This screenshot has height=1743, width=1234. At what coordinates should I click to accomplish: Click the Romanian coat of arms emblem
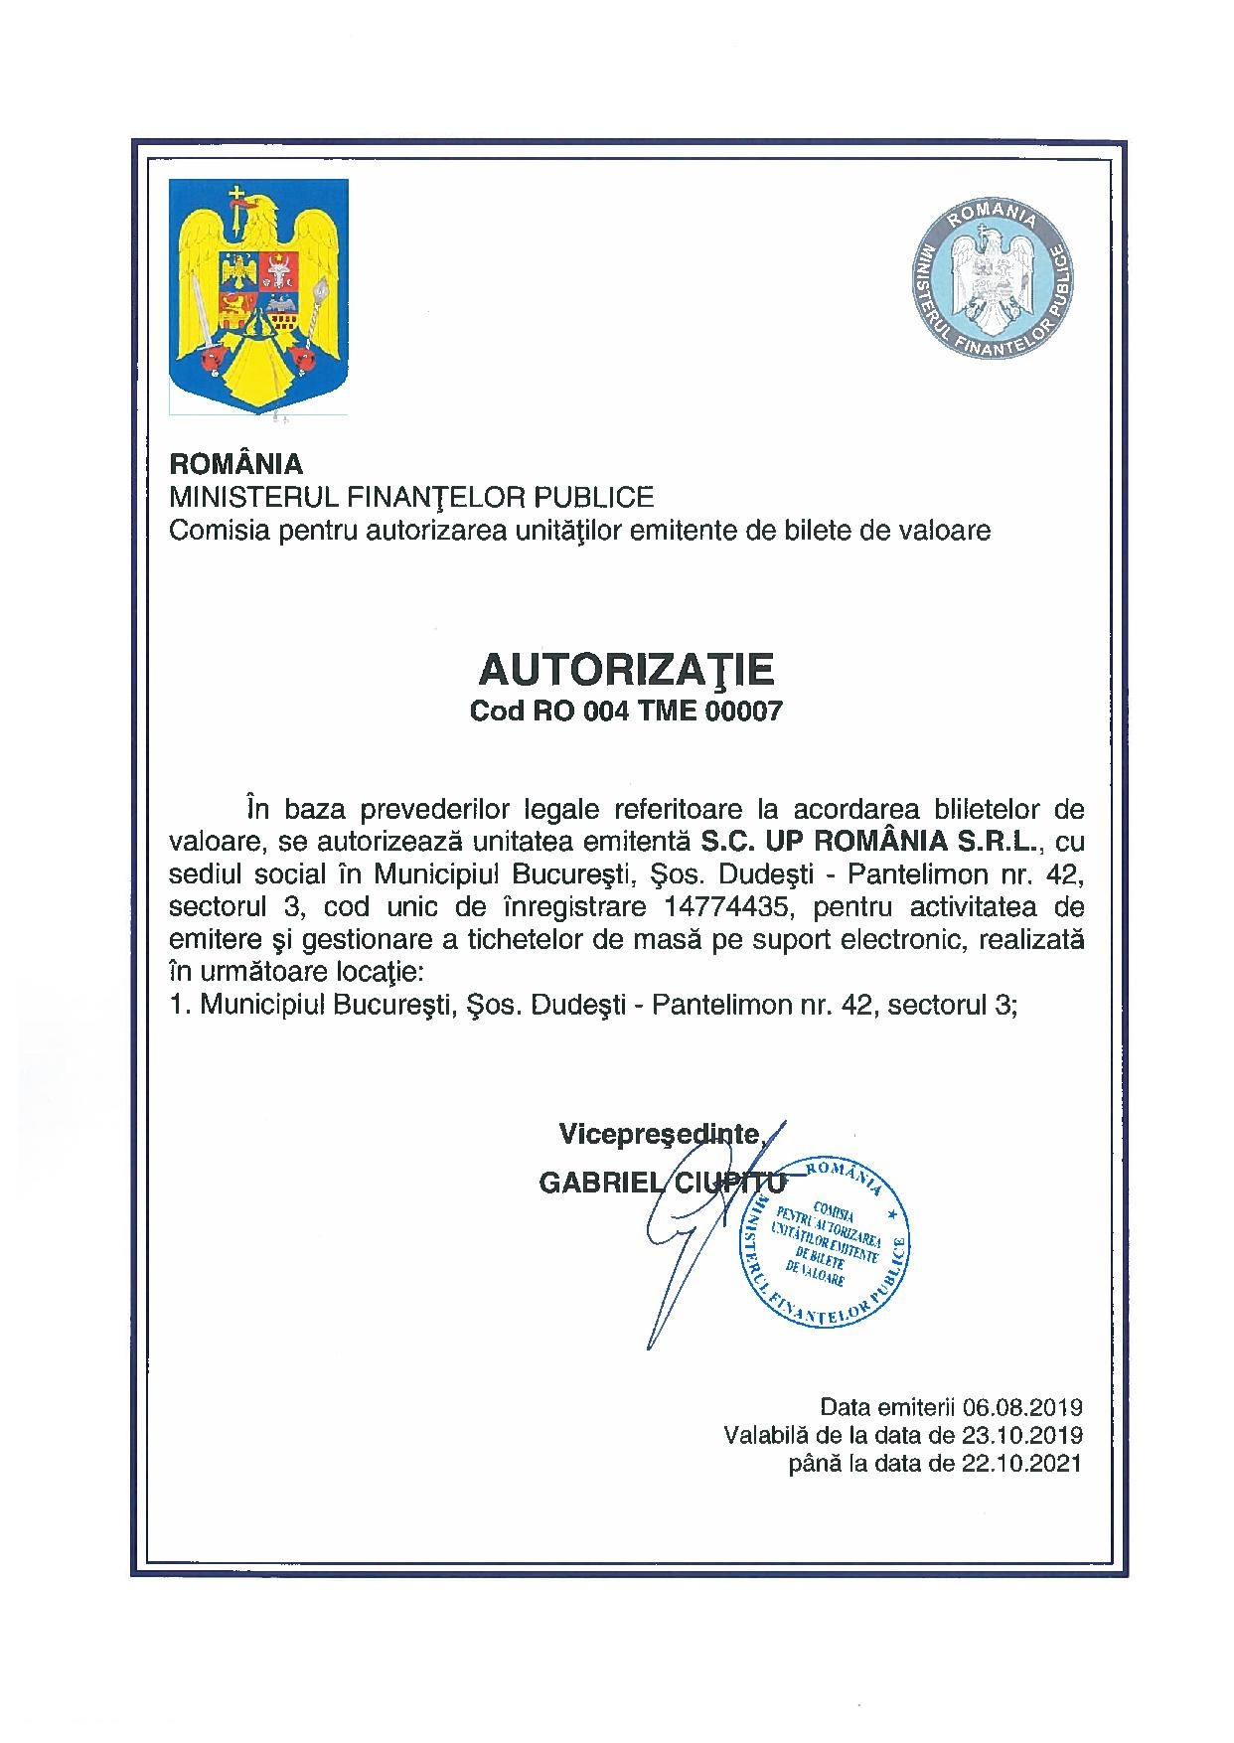[258, 295]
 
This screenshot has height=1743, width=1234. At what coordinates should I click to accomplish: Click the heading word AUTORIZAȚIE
[626, 670]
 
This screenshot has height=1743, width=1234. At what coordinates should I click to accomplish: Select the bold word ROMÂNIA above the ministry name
[236, 464]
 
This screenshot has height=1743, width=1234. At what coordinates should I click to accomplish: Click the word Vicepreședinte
[660, 1133]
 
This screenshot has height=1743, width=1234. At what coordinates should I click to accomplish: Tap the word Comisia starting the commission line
[215, 531]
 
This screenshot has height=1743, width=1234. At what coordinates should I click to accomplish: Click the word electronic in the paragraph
[897, 939]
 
